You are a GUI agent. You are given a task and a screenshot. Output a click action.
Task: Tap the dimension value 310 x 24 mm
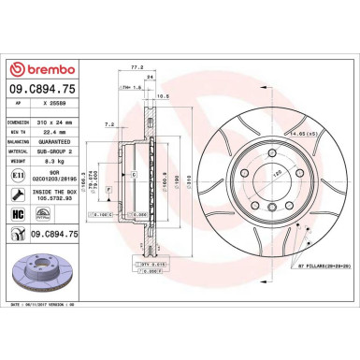click(x=55, y=122)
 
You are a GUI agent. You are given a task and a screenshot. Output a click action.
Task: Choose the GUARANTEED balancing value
click(x=55, y=141)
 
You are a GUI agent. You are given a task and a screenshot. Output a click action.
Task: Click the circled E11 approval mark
click(x=17, y=175)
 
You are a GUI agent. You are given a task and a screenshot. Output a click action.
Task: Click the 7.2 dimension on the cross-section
click(x=110, y=122)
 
